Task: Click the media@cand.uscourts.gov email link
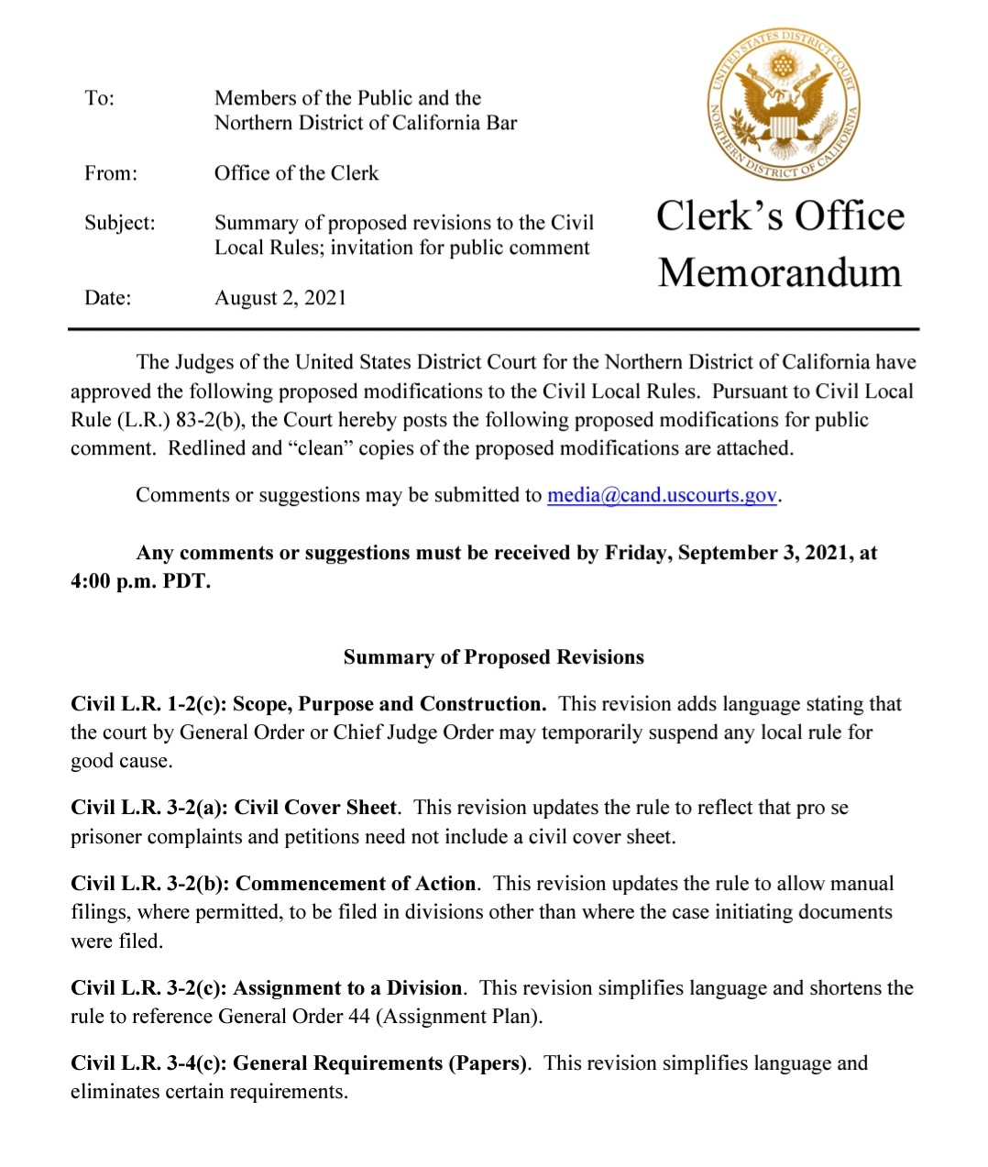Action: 663,495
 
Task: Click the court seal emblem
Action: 784,104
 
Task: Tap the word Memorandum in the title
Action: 779,272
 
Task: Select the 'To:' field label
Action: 99,98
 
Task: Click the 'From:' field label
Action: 111,173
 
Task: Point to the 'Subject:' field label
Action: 120,223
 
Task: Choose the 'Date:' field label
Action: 107,298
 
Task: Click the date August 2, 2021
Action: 280,298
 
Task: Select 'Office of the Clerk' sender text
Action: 296,173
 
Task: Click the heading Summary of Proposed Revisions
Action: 493,657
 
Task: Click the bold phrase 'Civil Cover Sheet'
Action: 315,808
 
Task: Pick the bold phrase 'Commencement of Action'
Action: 356,884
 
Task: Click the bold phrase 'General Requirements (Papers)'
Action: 380,1063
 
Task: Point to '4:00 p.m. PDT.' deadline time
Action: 140,581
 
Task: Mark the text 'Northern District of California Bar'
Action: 366,123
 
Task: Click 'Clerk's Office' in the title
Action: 780,216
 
